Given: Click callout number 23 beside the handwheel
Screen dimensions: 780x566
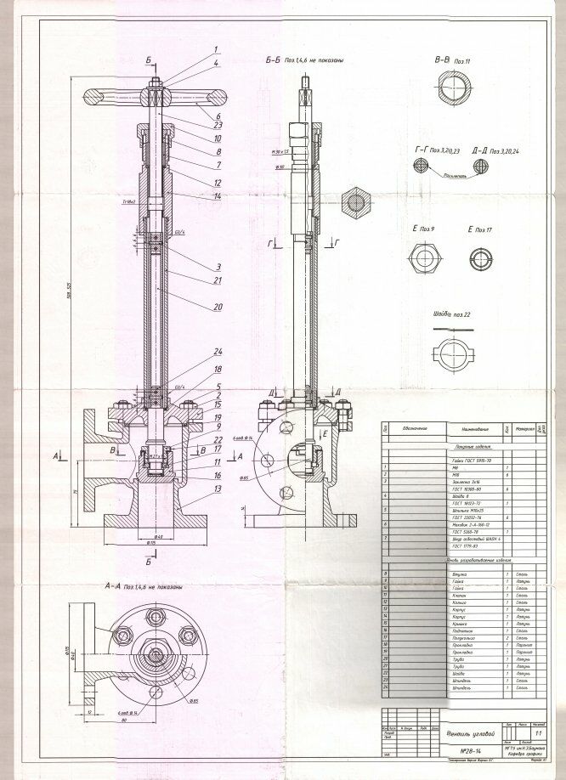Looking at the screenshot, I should [x=218, y=126].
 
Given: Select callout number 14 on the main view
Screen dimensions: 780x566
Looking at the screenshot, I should [x=218, y=196].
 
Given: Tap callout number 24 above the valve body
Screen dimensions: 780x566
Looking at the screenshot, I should [x=218, y=352].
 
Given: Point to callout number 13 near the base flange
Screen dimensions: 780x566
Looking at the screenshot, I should [x=218, y=489].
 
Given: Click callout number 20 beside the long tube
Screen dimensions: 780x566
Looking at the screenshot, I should [x=218, y=307].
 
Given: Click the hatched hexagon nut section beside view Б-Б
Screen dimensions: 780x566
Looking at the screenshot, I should [x=354, y=203].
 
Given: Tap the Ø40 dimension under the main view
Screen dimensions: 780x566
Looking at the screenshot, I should [x=152, y=540].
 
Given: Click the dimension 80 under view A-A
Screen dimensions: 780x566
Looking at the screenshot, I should [x=124, y=721].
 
